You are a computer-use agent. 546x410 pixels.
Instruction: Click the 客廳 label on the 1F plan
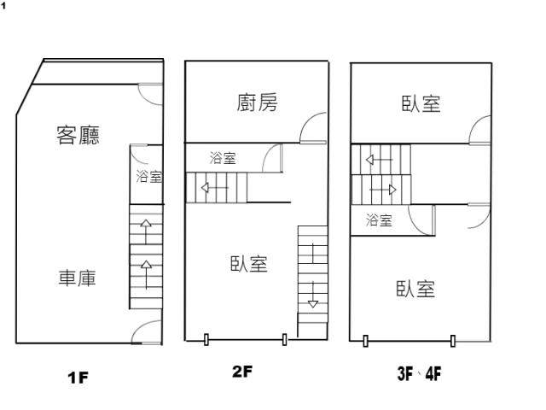pyautogui.click(x=78, y=135)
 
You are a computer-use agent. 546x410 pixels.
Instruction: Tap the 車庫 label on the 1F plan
pyautogui.click(x=77, y=278)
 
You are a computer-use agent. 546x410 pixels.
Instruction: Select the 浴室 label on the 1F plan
pyautogui.click(x=149, y=177)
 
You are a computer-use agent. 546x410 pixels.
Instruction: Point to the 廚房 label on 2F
pyautogui.click(x=257, y=103)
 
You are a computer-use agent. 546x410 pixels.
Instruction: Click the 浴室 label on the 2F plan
pyautogui.click(x=223, y=158)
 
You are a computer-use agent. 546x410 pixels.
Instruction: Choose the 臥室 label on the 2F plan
pyautogui.click(x=249, y=265)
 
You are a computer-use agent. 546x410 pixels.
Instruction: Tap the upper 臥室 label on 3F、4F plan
pyautogui.click(x=421, y=103)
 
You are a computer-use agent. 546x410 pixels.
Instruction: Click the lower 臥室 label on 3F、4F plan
pyautogui.click(x=415, y=289)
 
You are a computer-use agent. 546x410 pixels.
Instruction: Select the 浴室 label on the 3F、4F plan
pyautogui.click(x=379, y=220)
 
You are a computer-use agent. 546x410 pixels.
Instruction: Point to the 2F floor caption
pyautogui.click(x=242, y=372)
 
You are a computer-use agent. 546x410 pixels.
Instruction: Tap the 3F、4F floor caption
pyautogui.click(x=418, y=372)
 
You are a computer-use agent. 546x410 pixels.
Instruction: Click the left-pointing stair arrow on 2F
pyautogui.click(x=213, y=187)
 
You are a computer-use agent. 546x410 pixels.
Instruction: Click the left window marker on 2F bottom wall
pyautogui.click(x=206, y=341)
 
